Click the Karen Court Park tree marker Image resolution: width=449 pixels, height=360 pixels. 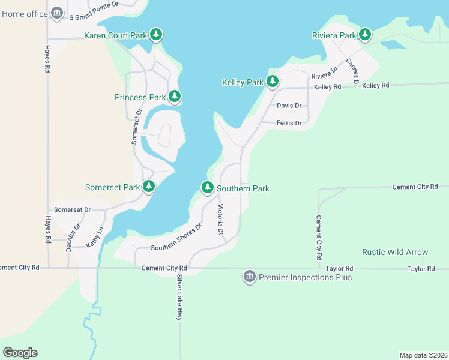coord(156,35)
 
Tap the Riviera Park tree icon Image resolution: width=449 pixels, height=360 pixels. coord(365,35)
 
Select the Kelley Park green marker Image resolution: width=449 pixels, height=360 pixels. coord(273,81)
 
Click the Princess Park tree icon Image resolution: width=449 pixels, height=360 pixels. coord(175,96)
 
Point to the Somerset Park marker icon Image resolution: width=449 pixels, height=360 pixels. coord(149,187)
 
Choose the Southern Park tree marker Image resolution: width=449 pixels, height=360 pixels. coord(208,187)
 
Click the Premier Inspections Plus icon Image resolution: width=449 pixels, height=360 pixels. coord(249,277)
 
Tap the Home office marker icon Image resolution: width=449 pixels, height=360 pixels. coord(57,13)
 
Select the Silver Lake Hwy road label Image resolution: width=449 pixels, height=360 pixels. coord(179,298)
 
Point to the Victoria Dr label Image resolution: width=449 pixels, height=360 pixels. coord(220,220)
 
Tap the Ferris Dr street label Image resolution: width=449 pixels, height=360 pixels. coord(289,123)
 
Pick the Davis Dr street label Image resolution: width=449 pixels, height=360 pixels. coord(289,106)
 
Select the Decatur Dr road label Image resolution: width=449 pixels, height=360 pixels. coord(73,238)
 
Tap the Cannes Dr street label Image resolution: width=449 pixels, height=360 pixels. coord(352,73)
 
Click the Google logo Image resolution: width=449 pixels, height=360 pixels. coord(20,353)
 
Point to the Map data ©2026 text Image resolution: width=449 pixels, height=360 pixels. coord(423,355)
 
